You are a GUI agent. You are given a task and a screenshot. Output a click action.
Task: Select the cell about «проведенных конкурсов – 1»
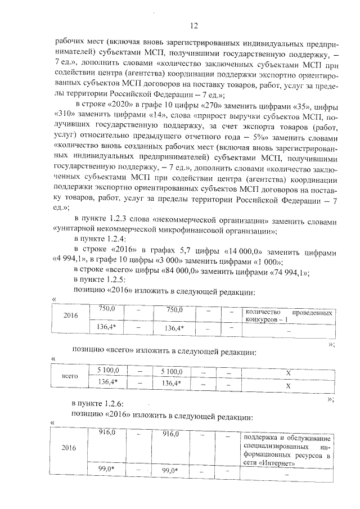point(286,317)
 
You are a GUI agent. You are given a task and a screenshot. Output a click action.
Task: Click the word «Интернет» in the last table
point(279,464)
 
